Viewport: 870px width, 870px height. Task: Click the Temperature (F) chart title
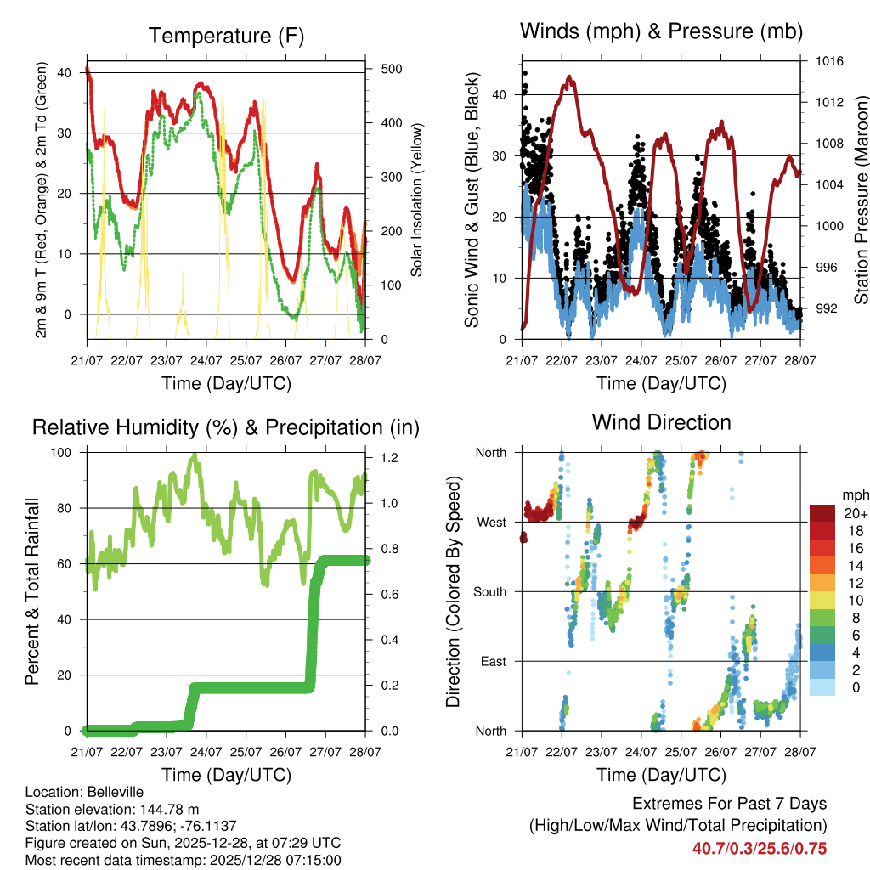point(226,36)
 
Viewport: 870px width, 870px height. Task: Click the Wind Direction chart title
point(661,421)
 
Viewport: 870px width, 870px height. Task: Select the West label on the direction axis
point(491,522)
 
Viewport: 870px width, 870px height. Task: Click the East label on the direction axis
point(493,661)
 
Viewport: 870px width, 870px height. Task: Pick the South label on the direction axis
point(489,591)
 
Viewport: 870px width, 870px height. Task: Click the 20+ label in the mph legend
point(856,514)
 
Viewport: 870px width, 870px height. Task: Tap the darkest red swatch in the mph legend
point(822,513)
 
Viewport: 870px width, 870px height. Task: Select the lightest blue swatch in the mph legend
point(822,687)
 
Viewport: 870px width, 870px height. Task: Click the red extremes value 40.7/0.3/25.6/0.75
point(759,848)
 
